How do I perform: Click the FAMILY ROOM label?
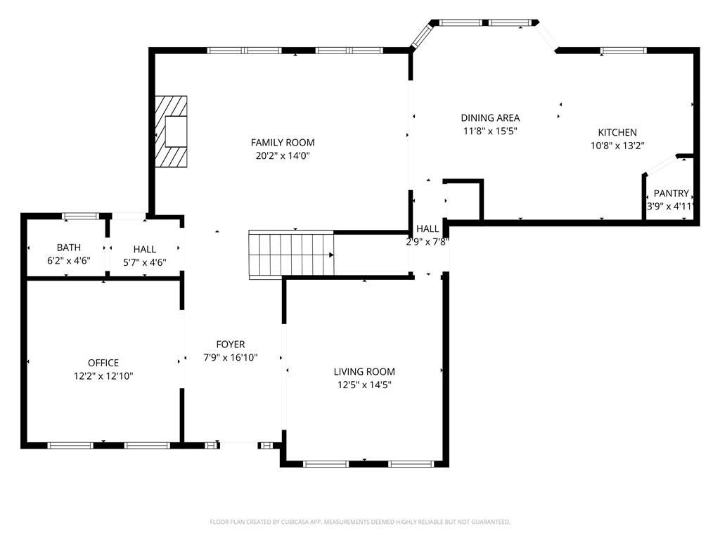coord(283,142)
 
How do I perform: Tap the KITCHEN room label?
coord(617,132)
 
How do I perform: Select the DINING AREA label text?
coord(490,117)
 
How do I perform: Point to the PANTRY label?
coord(671,193)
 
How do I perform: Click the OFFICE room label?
coord(103,363)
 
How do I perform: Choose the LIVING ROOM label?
coord(364,371)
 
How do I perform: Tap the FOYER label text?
coord(231,345)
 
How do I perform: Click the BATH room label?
coord(69,247)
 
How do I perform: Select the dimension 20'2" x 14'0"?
coord(283,155)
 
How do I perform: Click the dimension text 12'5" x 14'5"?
coord(364,385)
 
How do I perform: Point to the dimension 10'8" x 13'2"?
coord(617,146)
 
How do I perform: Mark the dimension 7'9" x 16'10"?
coord(231,357)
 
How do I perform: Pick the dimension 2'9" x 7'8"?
coord(427,242)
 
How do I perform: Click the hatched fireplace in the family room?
coord(171,131)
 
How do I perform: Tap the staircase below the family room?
coord(291,254)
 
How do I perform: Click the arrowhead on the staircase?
coord(331,255)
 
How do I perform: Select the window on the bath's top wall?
coord(80,216)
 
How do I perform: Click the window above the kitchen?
coord(624,51)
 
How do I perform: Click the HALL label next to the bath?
coord(145,250)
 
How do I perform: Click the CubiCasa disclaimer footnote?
coord(360,522)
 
